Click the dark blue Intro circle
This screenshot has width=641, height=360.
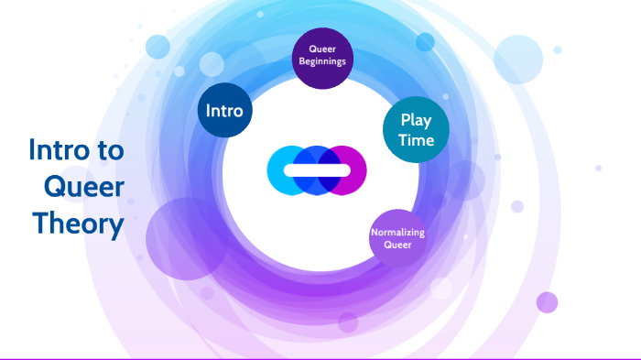[225, 111]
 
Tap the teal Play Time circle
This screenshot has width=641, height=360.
[416, 130]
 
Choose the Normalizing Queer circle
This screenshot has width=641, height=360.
[397, 238]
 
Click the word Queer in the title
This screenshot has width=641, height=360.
[84, 187]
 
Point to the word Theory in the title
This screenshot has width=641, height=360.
[78, 223]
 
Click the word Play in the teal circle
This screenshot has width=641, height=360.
[416, 120]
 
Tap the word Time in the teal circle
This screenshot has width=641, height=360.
[416, 141]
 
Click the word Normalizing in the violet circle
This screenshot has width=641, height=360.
[397, 232]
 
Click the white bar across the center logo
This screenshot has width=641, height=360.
[316, 170]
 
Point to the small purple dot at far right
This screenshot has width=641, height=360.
[547, 302]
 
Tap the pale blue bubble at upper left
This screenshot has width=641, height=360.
[158, 47]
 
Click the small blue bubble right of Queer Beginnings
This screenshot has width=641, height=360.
[425, 42]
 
